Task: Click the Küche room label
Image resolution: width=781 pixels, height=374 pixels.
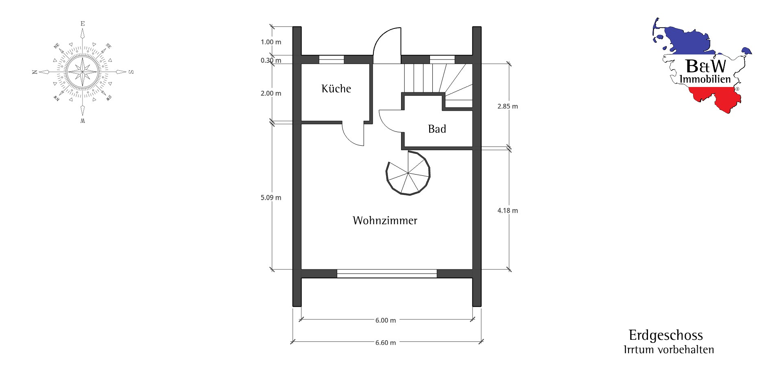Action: tap(336, 88)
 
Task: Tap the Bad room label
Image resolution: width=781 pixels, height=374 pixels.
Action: tap(437, 129)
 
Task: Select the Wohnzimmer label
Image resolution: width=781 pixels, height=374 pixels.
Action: tap(385, 221)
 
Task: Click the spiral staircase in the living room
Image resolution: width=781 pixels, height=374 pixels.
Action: tap(408, 173)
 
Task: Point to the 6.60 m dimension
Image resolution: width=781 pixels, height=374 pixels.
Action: tap(386, 343)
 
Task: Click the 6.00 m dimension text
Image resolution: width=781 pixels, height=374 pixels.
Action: tap(386, 320)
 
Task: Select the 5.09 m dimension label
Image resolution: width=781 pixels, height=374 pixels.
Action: tap(271, 198)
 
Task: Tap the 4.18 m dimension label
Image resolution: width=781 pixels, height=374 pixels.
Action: tap(508, 210)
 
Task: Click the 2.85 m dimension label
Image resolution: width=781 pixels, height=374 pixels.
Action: tap(508, 106)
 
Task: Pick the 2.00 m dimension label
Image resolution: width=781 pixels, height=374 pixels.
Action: tap(271, 93)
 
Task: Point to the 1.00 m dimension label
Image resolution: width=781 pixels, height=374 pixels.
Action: tap(271, 42)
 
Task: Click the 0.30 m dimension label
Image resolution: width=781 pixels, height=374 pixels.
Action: tap(271, 61)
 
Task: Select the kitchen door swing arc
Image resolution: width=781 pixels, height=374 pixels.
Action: tap(353, 134)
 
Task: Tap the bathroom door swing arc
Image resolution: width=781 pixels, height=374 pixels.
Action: tap(390, 120)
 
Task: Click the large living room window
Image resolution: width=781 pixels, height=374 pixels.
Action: tap(387, 273)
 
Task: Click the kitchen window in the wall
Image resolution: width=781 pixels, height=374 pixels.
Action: tap(331, 59)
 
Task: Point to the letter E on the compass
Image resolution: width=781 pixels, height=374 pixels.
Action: tap(83, 24)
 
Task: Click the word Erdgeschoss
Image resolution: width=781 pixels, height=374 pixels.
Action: tap(666, 335)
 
